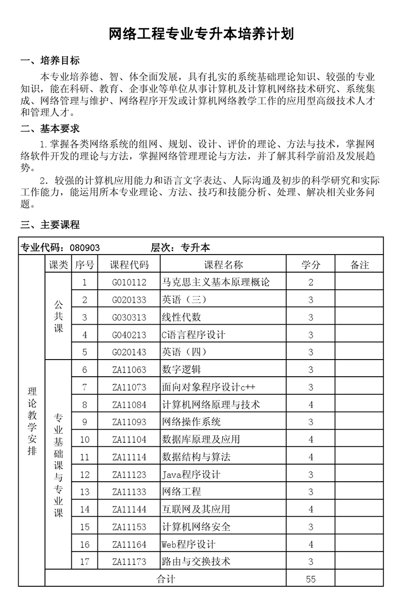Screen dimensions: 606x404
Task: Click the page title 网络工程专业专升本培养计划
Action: pyautogui.click(x=202, y=34)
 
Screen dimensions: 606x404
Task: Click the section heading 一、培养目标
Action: pyautogui.click(x=50, y=61)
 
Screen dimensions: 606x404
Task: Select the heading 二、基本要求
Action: pyautogui.click(x=50, y=129)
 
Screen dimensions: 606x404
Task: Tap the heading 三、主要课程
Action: pyautogui.click(x=50, y=224)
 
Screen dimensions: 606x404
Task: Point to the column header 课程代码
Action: pyautogui.click(x=129, y=265)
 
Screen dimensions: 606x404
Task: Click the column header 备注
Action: pyautogui.click(x=360, y=265)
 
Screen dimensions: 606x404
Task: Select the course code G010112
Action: pyautogui.click(x=129, y=282)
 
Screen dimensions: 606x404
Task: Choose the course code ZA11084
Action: pyautogui.click(x=129, y=405)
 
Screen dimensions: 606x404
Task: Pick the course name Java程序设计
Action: pyautogui.click(x=191, y=475)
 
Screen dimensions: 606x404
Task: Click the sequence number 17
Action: pyautogui.click(x=84, y=562)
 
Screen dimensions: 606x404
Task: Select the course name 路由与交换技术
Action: pyautogui.click(x=196, y=562)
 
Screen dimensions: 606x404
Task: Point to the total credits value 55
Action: pyautogui.click(x=311, y=579)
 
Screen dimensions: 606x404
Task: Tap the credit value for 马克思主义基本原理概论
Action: pyautogui.click(x=311, y=282)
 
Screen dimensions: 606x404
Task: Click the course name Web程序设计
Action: pyautogui.click(x=188, y=544)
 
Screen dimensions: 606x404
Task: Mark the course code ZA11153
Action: pyautogui.click(x=129, y=527)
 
